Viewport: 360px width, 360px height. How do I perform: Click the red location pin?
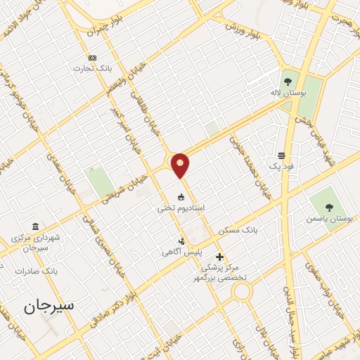coord(181,165)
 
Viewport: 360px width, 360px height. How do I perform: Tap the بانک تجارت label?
coord(92,69)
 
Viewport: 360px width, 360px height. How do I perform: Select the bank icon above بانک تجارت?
coord(92,58)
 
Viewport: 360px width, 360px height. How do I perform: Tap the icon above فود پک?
coord(281,155)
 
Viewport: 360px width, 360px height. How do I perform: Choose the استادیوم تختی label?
coord(181,208)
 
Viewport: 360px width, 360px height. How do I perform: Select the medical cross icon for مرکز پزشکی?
coord(220,257)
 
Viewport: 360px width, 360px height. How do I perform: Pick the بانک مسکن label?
coord(238,230)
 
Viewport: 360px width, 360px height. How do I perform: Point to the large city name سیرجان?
coord(49,307)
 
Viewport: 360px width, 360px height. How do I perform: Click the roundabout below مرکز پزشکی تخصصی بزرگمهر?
coord(243,291)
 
